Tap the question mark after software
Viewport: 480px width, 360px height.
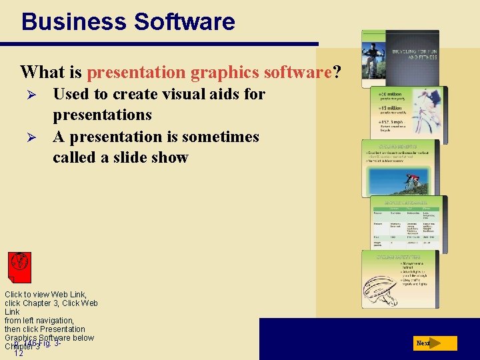pos(337,71)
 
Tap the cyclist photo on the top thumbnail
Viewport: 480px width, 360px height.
pos(373,58)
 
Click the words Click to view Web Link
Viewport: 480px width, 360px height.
pos(45,294)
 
